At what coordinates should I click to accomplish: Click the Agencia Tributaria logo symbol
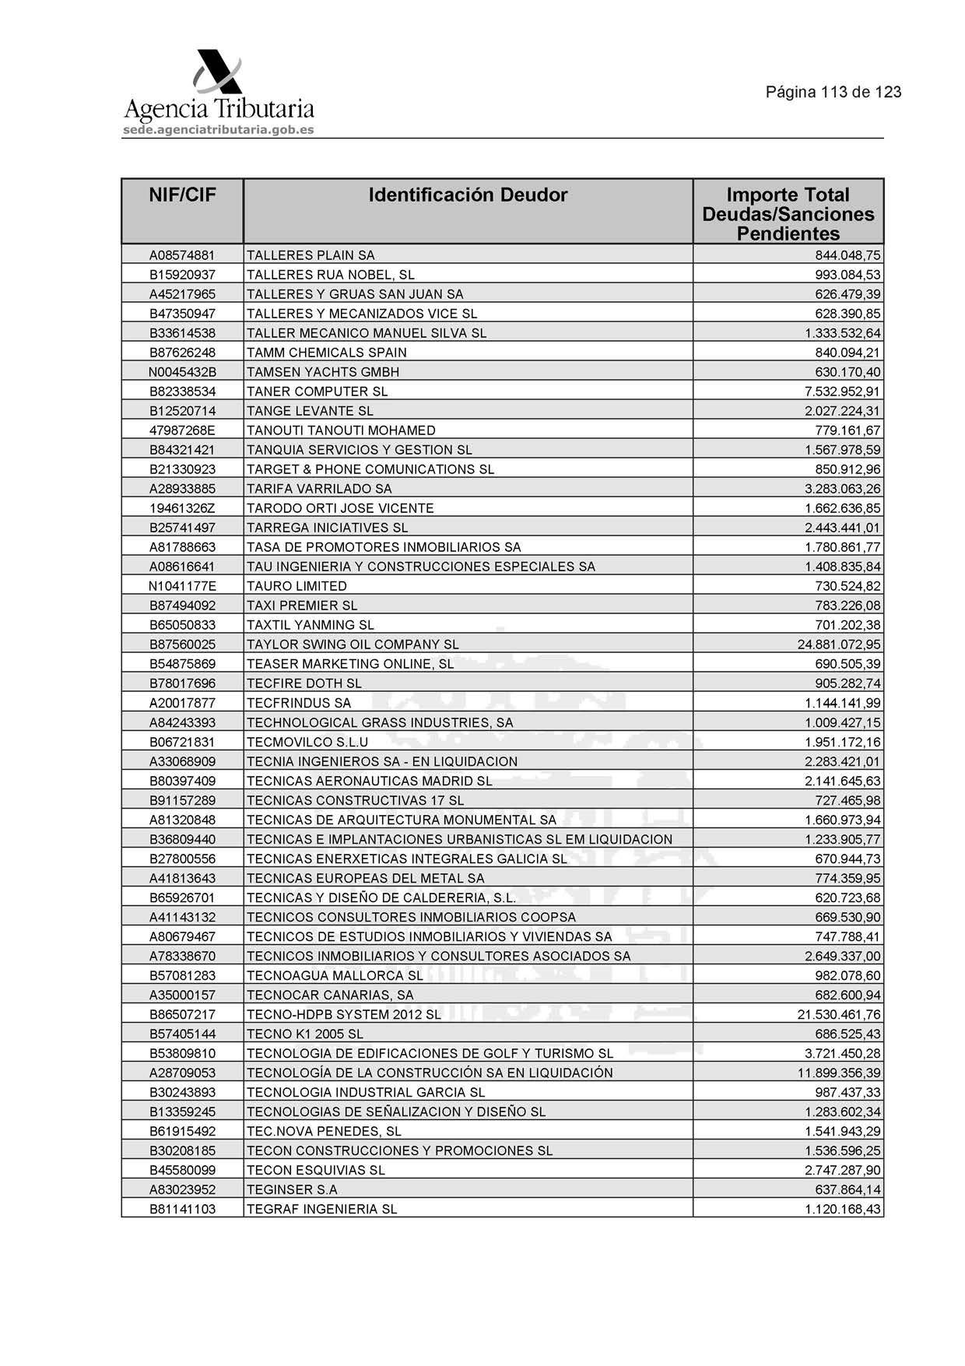tap(217, 74)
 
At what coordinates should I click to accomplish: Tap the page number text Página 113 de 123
tap(833, 92)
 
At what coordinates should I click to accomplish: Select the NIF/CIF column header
tap(182, 195)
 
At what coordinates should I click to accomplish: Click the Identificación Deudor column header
tap(468, 195)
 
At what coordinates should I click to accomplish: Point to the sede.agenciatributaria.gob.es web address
tap(219, 130)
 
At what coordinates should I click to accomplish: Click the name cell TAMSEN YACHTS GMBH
tap(323, 372)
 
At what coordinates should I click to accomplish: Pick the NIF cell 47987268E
tap(182, 430)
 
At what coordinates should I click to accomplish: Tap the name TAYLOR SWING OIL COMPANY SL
tap(353, 644)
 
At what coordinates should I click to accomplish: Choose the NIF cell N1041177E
tap(182, 586)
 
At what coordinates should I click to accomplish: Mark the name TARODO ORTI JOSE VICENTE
tap(340, 508)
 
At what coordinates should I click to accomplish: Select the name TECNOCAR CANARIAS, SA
tap(330, 995)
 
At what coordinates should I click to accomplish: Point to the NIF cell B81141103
tap(182, 1209)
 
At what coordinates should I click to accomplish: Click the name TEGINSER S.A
tap(292, 1189)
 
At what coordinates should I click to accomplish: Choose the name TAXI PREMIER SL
tap(302, 606)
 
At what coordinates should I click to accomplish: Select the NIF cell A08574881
tap(182, 255)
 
